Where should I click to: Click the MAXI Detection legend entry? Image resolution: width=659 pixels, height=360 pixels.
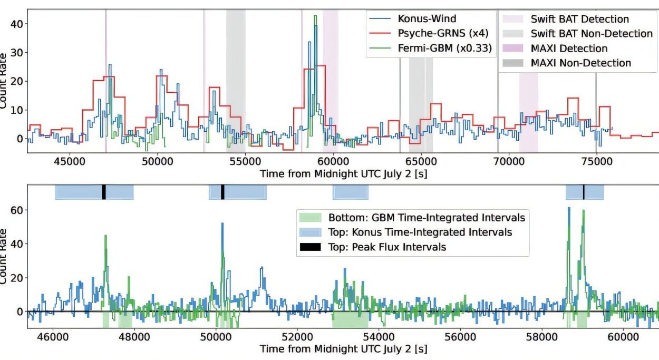(x=569, y=48)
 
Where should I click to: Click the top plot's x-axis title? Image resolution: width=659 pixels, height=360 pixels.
(x=343, y=173)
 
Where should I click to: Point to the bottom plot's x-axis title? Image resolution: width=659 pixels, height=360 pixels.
(x=343, y=349)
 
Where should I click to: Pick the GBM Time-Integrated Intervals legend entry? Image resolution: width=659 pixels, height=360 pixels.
(x=427, y=218)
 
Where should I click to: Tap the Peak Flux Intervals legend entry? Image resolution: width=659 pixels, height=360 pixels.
(x=387, y=247)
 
